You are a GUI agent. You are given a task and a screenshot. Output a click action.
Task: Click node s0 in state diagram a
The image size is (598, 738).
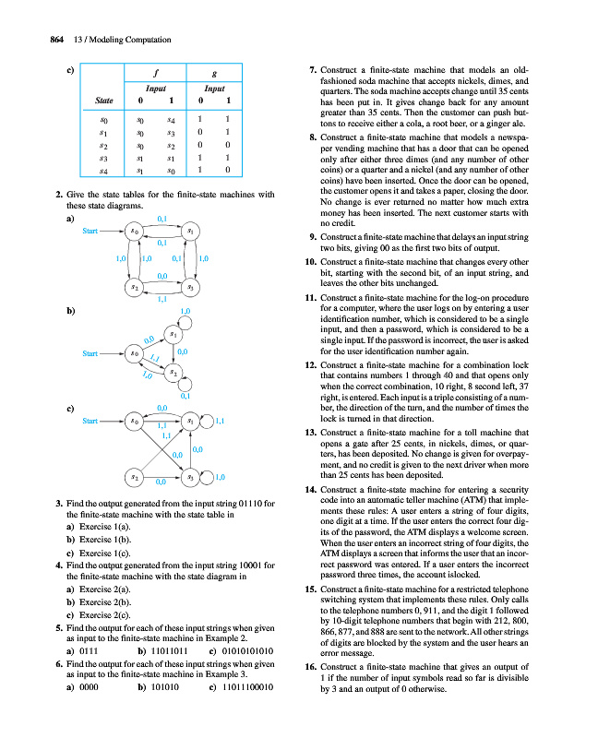tap(135, 230)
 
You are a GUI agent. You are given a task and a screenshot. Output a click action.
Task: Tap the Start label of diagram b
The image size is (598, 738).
tap(90, 353)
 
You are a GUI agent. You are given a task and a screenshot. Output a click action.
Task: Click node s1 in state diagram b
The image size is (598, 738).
tap(173, 332)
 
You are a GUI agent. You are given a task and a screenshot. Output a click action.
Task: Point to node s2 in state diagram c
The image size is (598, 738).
tap(135, 479)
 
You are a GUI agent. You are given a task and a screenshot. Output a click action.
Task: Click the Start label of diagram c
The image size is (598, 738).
tap(90, 421)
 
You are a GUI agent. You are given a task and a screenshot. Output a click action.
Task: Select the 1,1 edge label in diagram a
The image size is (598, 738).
tap(162, 299)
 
